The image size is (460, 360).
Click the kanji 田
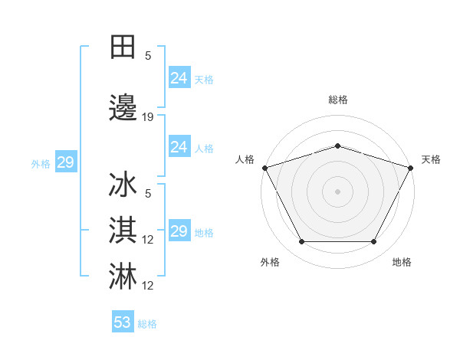point(123,47)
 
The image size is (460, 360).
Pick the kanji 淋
point(123,275)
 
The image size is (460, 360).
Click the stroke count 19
point(148,117)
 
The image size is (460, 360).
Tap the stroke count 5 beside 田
point(148,55)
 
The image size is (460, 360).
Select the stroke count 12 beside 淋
point(148,286)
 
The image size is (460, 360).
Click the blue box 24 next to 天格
point(179,78)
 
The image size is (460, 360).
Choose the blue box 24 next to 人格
point(179,147)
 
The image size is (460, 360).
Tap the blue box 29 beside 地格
point(179,231)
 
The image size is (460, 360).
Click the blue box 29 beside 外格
point(65,162)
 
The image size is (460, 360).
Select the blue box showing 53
point(123,322)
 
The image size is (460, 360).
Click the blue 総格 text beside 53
point(147,324)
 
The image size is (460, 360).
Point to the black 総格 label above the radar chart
point(337,100)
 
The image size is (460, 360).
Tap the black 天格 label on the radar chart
point(431,159)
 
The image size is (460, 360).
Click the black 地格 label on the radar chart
point(402,262)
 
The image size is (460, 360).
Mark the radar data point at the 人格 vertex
point(264,168)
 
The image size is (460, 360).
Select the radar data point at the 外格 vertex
point(301,242)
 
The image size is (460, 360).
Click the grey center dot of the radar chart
point(337,191)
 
